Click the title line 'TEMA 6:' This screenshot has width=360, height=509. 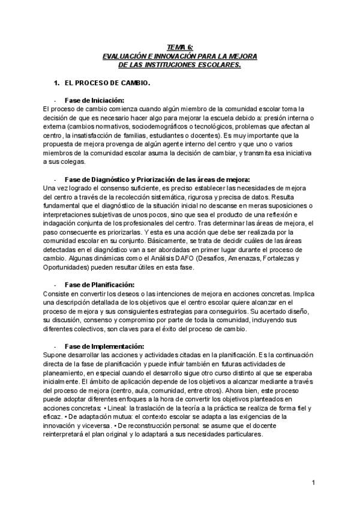(179, 47)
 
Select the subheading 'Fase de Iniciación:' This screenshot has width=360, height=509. (94, 100)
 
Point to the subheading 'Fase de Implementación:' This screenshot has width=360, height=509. (104, 346)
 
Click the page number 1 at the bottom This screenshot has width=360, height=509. (314, 482)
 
